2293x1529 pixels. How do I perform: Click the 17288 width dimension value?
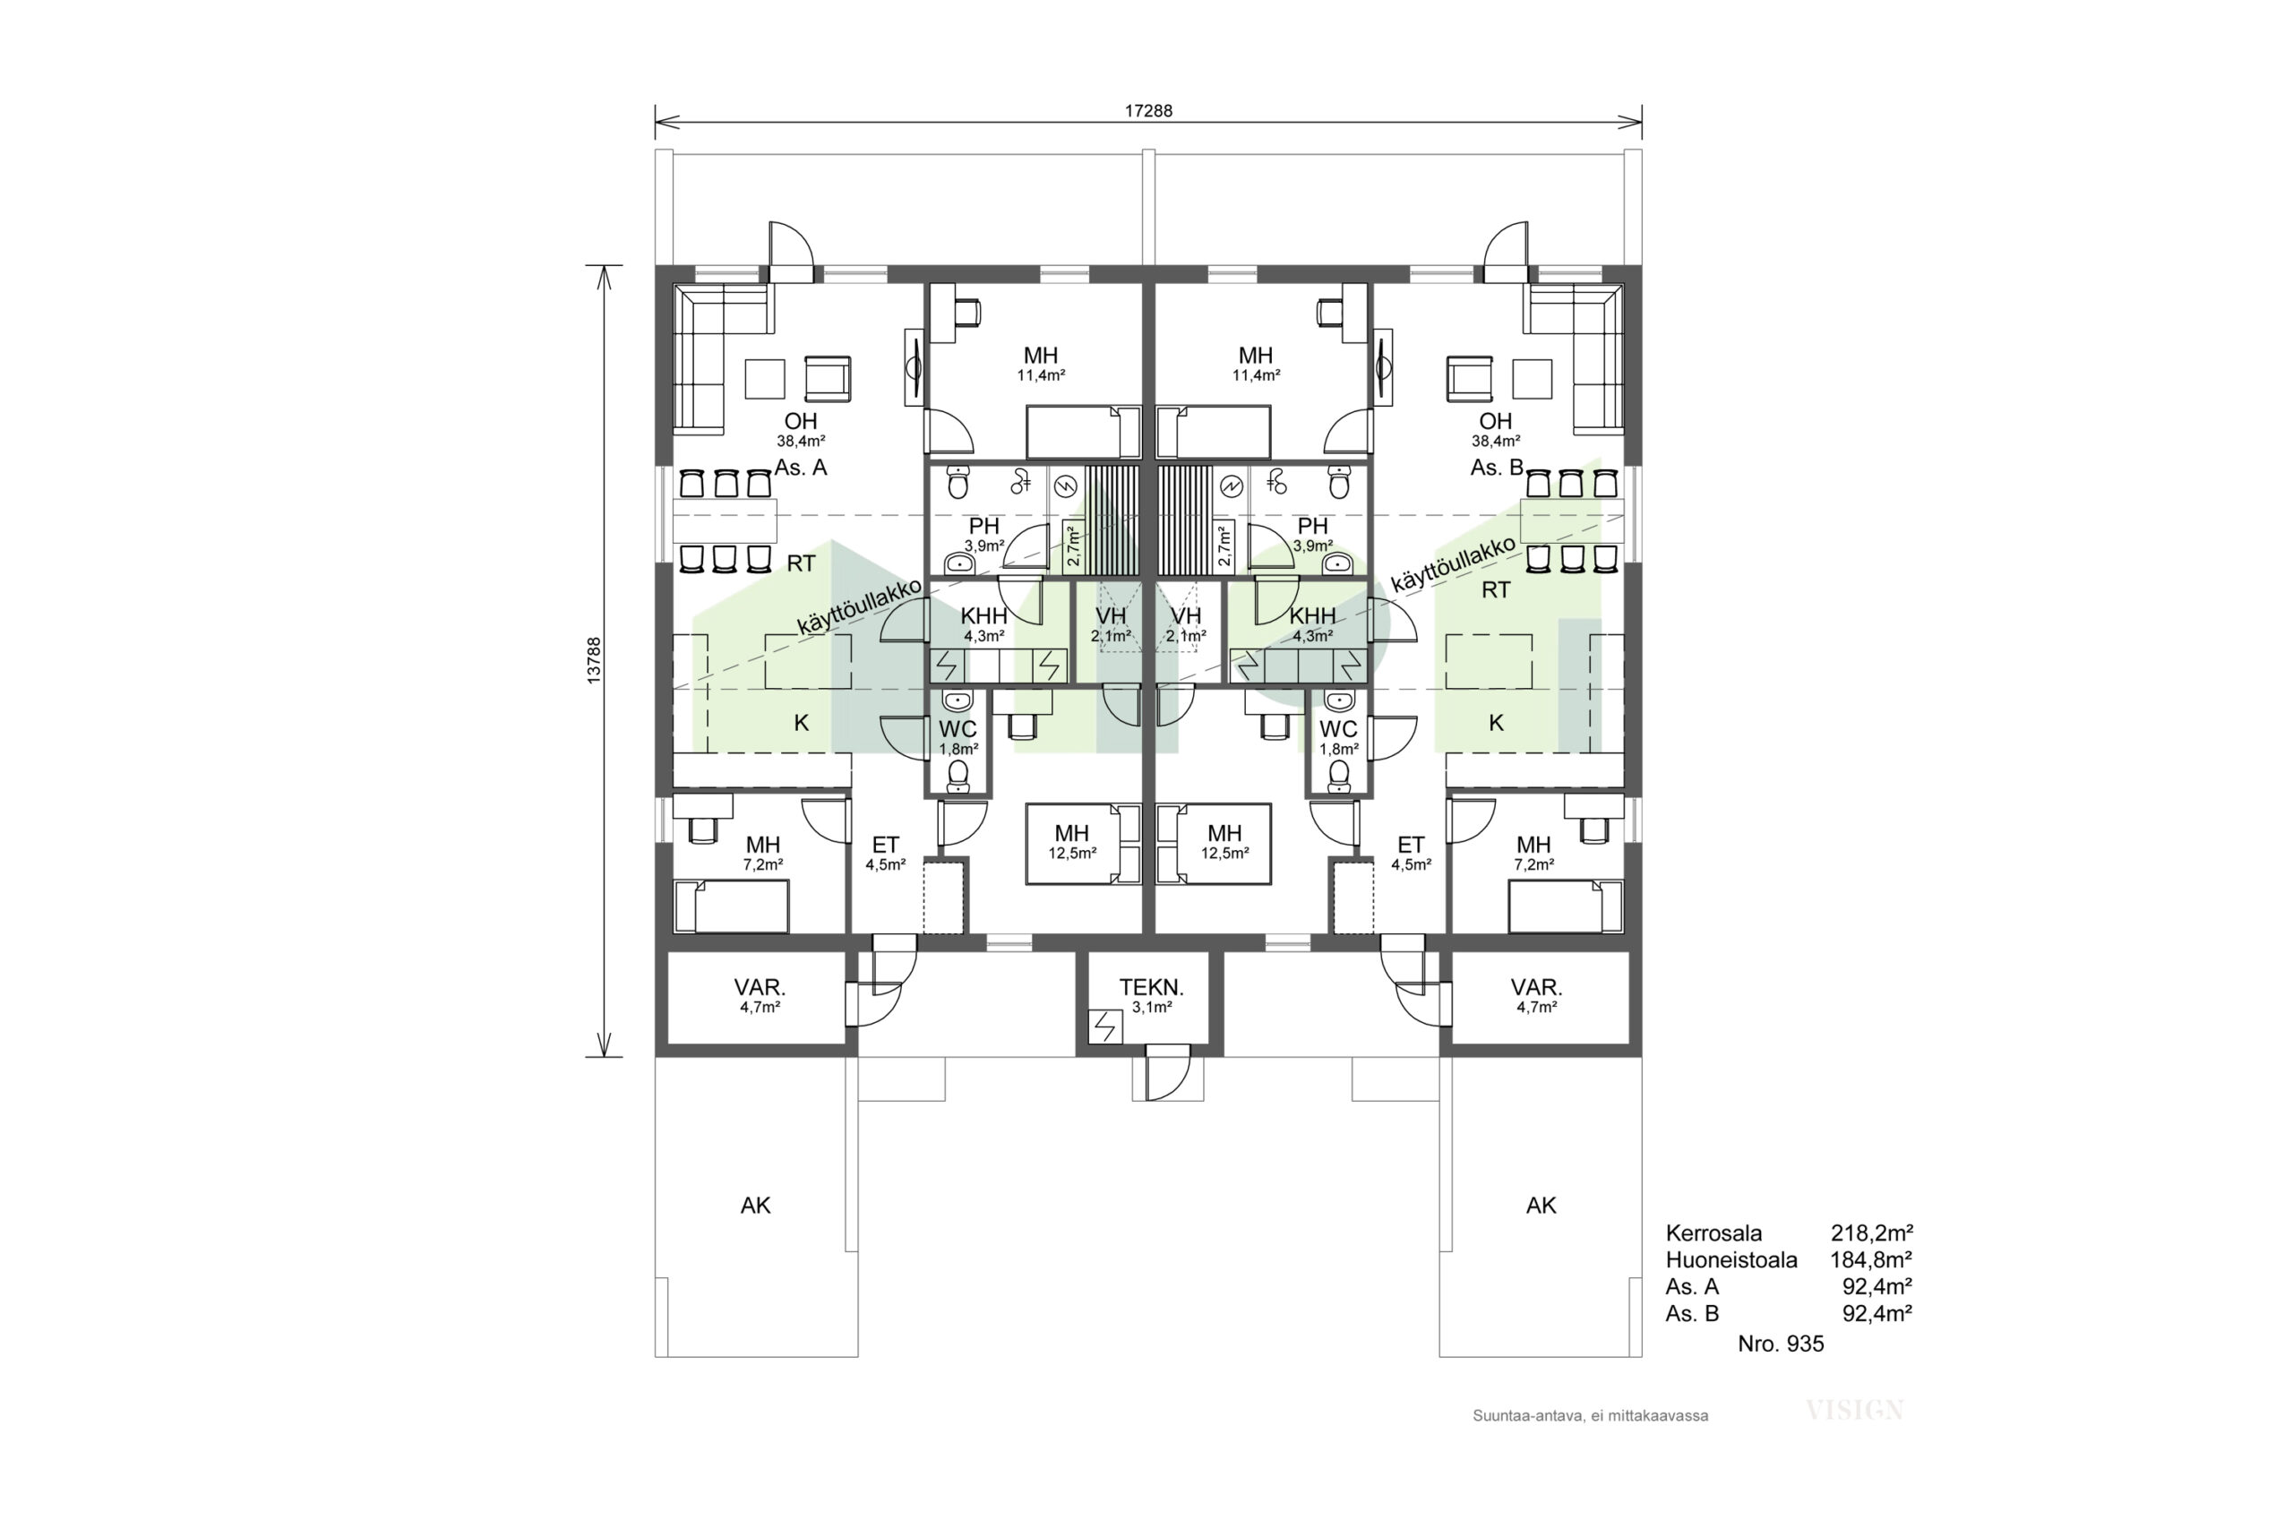pyautogui.click(x=1148, y=111)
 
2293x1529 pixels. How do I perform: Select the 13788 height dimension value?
pyautogui.click(x=594, y=660)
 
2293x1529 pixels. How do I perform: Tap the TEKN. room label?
pyautogui.click(x=1151, y=987)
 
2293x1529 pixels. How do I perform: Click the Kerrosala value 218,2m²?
pyautogui.click(x=1871, y=1233)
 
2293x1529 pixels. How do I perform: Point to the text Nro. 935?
pyautogui.click(x=1780, y=1344)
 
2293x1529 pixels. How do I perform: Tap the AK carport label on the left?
pyautogui.click(x=756, y=1207)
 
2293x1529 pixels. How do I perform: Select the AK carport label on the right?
pyautogui.click(x=1542, y=1207)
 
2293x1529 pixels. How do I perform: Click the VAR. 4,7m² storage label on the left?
pyautogui.click(x=760, y=996)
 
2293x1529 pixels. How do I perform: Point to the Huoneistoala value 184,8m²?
pyautogui.click(x=1871, y=1260)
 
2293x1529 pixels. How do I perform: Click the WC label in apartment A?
pyautogui.click(x=958, y=729)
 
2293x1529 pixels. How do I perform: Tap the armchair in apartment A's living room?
pyautogui.click(x=828, y=378)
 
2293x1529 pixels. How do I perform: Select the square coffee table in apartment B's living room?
pyautogui.click(x=1533, y=378)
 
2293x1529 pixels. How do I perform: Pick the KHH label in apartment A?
pyautogui.click(x=983, y=616)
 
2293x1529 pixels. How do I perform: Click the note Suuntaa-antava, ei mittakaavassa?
pyautogui.click(x=1590, y=1416)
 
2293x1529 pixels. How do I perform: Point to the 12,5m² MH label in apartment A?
pyautogui.click(x=1071, y=842)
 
